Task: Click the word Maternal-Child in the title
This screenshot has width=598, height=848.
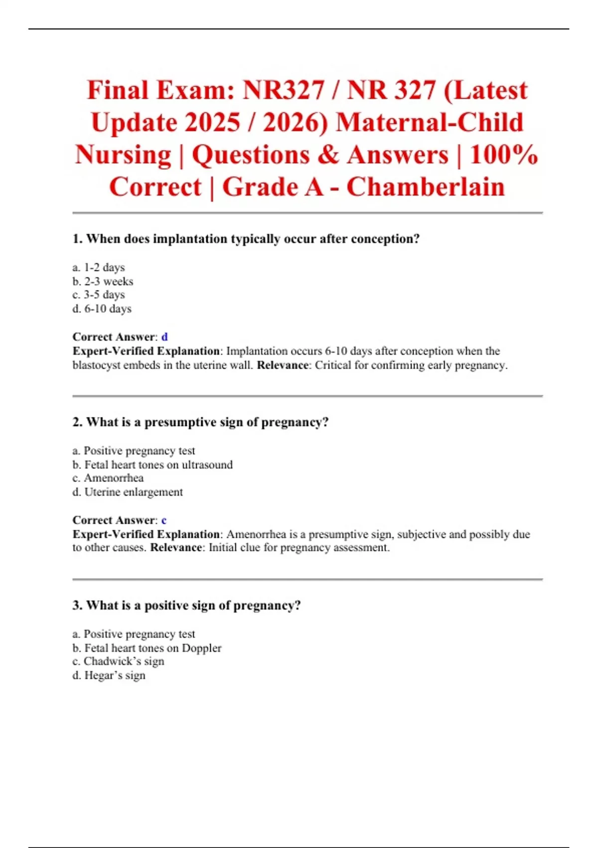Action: click(x=430, y=123)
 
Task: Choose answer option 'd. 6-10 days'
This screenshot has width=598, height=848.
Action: click(x=102, y=309)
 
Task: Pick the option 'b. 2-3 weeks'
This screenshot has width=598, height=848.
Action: click(x=103, y=281)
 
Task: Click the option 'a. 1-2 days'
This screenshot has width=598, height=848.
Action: click(x=99, y=267)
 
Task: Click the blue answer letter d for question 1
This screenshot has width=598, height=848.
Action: click(x=164, y=337)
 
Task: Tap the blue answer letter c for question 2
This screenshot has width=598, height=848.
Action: click(x=164, y=520)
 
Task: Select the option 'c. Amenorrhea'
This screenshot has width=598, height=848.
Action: click(x=108, y=478)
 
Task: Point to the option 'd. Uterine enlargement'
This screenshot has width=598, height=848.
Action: click(x=128, y=492)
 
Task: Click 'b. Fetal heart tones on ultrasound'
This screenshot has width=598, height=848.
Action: click(x=152, y=464)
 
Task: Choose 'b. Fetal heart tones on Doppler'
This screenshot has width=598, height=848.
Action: click(x=147, y=648)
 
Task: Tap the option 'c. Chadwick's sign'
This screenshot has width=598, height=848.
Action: click(x=119, y=661)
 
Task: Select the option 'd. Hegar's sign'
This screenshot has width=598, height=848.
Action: click(x=109, y=675)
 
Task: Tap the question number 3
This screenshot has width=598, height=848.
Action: click(x=77, y=606)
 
